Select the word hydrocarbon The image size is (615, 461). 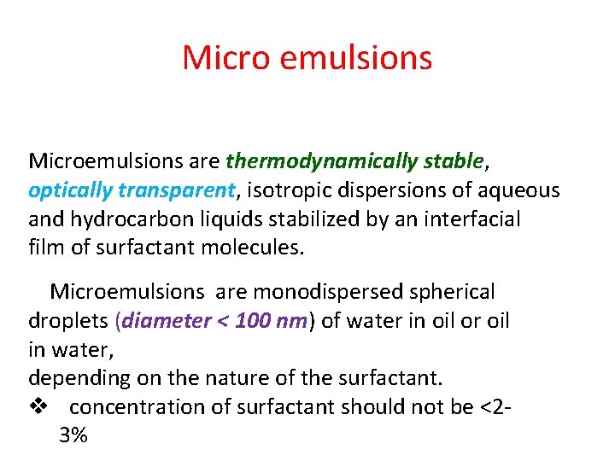coord(129,219)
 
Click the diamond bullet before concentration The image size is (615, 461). coord(37,407)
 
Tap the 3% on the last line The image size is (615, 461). coord(73,435)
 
